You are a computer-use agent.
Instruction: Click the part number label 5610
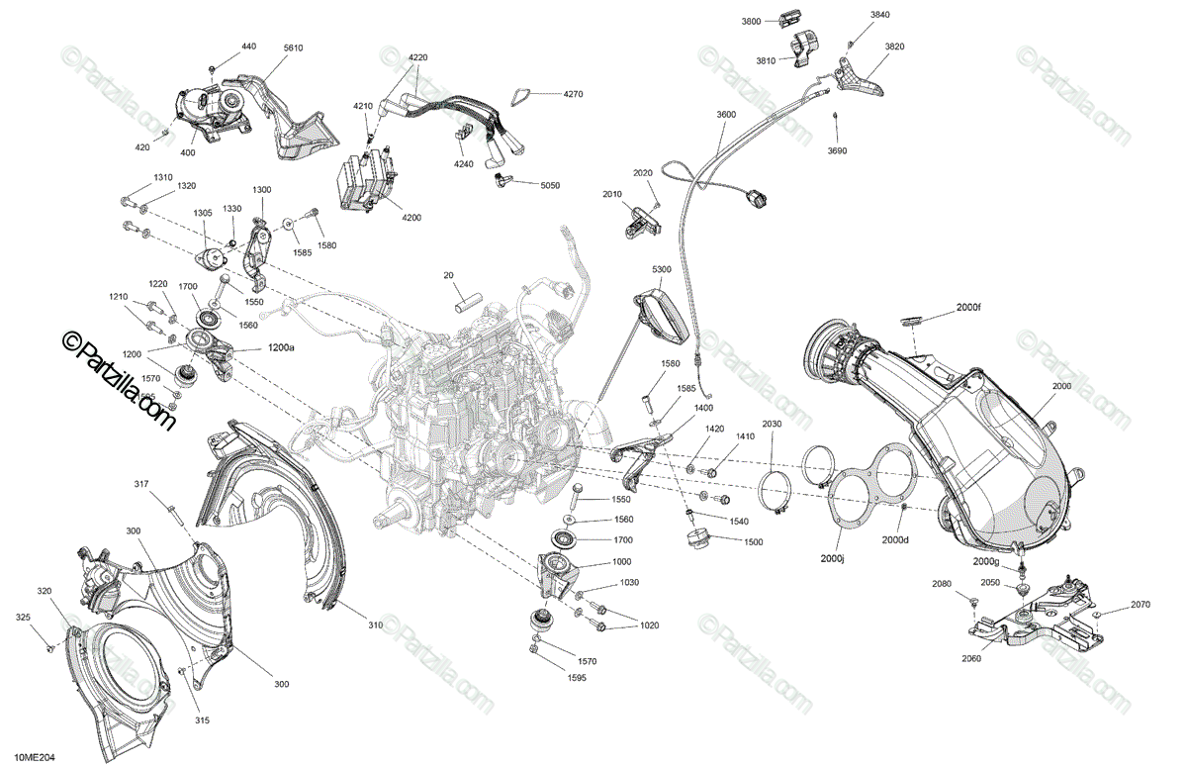pyautogui.click(x=293, y=48)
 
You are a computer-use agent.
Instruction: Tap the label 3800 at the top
pyautogui.click(x=752, y=21)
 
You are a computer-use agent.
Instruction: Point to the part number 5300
pyautogui.click(x=662, y=269)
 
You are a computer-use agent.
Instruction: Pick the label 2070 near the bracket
pyautogui.click(x=1141, y=604)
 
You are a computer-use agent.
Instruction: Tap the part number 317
pyautogui.click(x=142, y=484)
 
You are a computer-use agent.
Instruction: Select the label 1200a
pyautogui.click(x=281, y=348)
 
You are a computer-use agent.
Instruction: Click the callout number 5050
pyautogui.click(x=550, y=185)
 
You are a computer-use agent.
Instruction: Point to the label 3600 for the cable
pyautogui.click(x=726, y=116)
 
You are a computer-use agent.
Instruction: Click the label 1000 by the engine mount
pyautogui.click(x=621, y=560)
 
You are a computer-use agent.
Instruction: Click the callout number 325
pyautogui.click(x=24, y=617)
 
